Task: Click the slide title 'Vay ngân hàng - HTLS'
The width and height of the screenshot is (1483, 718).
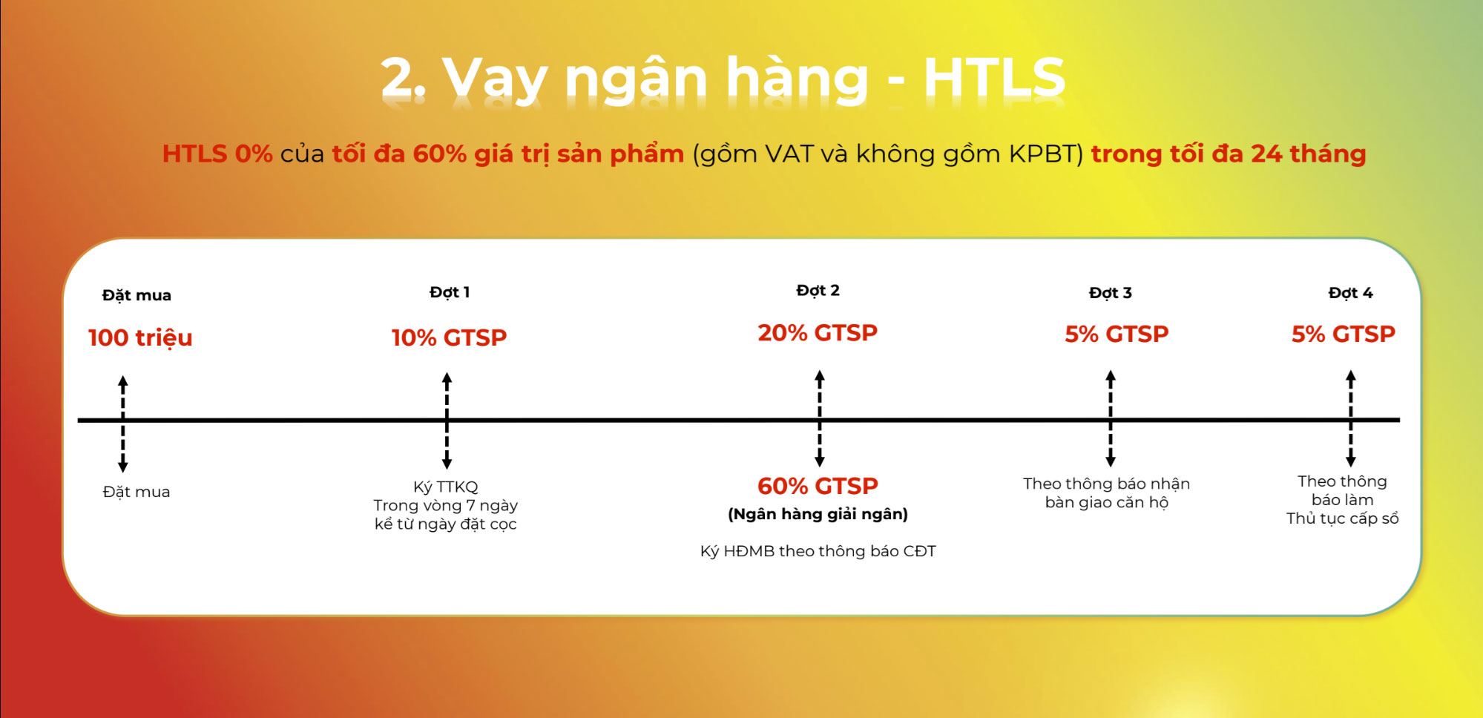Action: tap(754, 79)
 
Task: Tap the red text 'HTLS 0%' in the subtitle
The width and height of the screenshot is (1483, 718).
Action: tap(217, 154)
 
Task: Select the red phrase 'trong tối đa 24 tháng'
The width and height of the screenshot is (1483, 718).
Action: tap(1228, 154)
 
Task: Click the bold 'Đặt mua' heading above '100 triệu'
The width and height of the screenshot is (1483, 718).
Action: tap(137, 294)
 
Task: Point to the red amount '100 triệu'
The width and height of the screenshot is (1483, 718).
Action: tap(140, 337)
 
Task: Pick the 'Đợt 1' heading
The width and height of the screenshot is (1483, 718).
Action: tap(450, 292)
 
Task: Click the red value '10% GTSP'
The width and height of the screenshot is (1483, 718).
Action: tap(449, 337)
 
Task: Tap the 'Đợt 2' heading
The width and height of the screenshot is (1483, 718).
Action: tap(818, 290)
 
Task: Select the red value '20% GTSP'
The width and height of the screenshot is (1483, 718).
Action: tap(818, 332)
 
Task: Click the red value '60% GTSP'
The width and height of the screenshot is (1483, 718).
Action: tap(818, 486)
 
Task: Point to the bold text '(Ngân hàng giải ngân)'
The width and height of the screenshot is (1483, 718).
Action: tap(818, 514)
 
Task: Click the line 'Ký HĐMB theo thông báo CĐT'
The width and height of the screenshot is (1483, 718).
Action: tap(818, 551)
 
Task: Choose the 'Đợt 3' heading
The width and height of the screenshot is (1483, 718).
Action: tap(1110, 293)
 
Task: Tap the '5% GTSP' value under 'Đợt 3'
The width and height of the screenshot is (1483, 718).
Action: tap(1117, 334)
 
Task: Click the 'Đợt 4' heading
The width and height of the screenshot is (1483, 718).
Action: tap(1350, 293)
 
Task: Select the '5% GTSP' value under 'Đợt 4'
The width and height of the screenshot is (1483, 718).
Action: tap(1344, 334)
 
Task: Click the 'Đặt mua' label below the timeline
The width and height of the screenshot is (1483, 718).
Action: tap(137, 492)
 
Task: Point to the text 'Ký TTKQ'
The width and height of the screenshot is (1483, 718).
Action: tap(446, 487)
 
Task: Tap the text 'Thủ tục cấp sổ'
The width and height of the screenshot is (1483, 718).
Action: tap(1343, 518)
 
